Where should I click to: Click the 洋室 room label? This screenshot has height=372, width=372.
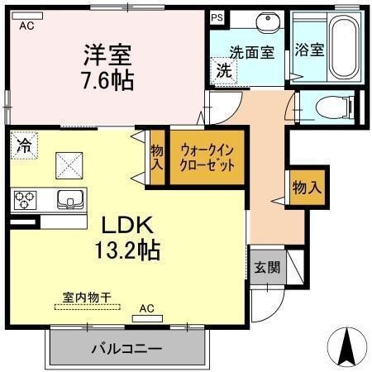[x=107, y=55]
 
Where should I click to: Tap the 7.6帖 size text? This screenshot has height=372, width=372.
[x=108, y=81]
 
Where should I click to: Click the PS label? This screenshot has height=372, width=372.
[x=217, y=17]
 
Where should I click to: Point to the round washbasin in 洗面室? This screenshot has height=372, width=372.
[x=266, y=22]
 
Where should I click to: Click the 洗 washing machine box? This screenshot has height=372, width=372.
[x=223, y=71]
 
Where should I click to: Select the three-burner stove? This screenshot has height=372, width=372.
[x=25, y=199]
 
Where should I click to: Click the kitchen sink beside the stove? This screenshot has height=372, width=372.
[x=69, y=199]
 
